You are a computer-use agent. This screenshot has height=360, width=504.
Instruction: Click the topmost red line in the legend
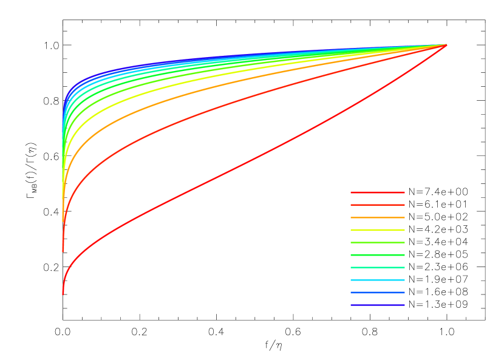(x=377, y=192)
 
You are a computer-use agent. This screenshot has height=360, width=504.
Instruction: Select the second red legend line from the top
(x=377, y=205)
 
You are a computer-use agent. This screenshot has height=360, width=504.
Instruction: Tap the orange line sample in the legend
(x=377, y=217)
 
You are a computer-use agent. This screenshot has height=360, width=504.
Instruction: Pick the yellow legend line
(x=377, y=230)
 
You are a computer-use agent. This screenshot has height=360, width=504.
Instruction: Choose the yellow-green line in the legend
(x=377, y=243)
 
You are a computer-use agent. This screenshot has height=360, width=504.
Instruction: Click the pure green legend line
(x=377, y=255)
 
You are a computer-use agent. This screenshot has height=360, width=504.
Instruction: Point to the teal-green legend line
(x=377, y=268)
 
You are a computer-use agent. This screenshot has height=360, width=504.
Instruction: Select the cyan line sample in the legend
(x=377, y=280)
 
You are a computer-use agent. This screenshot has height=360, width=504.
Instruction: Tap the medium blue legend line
(x=377, y=293)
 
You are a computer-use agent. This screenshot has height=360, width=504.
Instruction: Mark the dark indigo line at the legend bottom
(x=377, y=305)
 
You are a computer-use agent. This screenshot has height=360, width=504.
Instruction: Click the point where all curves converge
(x=447, y=45)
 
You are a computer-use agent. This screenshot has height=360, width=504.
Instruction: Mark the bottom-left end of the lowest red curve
(x=63, y=294)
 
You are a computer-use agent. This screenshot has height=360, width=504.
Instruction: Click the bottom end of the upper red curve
(x=63, y=250)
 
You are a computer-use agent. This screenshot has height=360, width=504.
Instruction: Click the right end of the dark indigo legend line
(x=404, y=305)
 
